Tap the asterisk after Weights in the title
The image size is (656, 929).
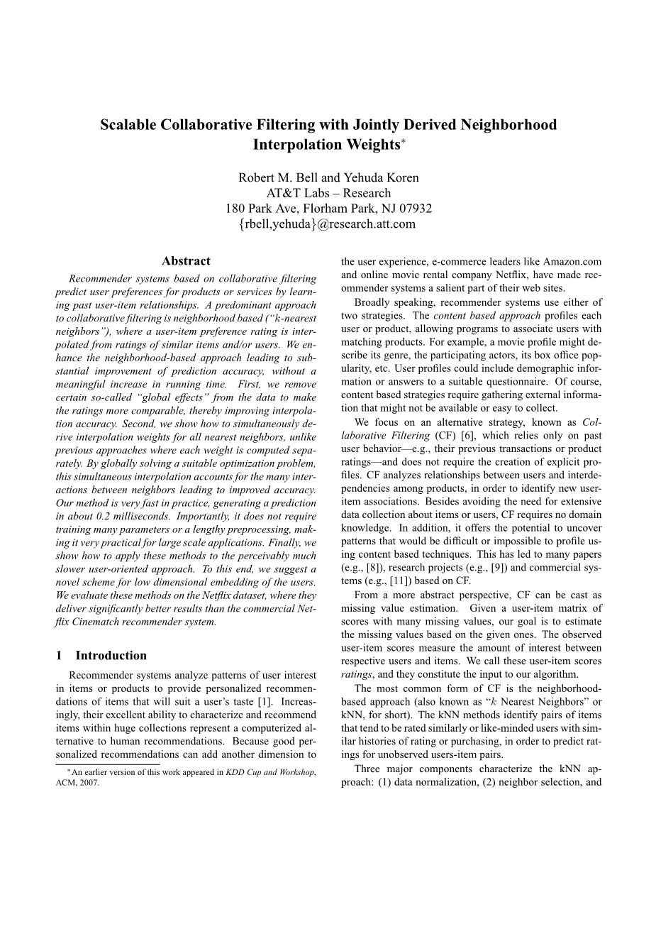point(404,141)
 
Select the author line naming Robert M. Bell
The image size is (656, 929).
point(328,177)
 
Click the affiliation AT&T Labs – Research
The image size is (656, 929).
point(328,193)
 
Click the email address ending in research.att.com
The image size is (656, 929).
point(328,224)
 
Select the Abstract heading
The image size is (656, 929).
point(186,261)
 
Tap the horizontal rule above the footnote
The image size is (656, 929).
point(107,764)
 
